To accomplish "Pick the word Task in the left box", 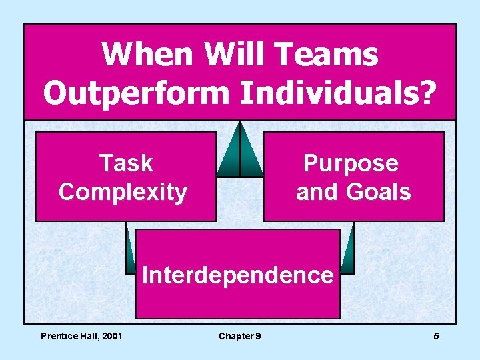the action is (x=125, y=163).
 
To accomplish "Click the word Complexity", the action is (x=123, y=192).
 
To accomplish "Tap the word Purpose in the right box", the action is (x=351, y=163).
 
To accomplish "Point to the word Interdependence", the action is (x=237, y=274).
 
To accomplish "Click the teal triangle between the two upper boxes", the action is (x=240, y=152).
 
